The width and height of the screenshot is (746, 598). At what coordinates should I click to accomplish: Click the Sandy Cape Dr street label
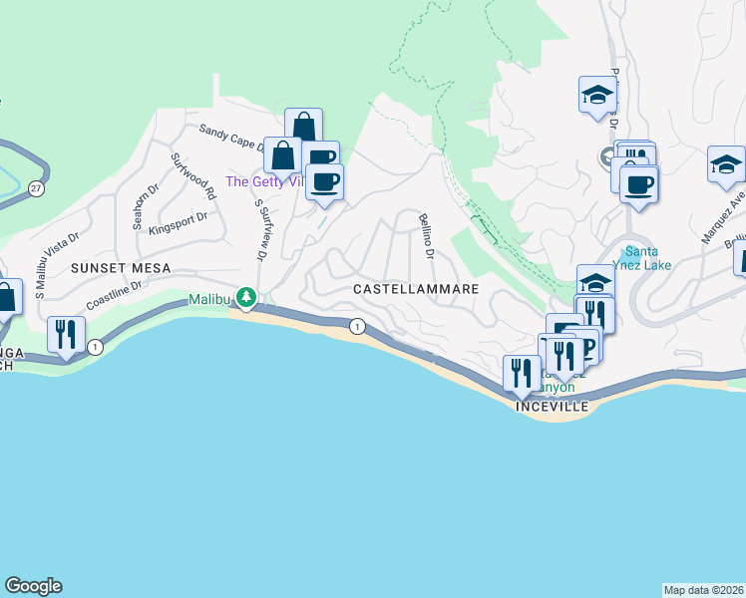(x=231, y=137)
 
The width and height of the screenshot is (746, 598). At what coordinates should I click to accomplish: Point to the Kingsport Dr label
(x=178, y=219)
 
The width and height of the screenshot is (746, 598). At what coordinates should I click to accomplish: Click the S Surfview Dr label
(x=262, y=229)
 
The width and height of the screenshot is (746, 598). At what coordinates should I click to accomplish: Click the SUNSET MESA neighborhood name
(x=121, y=269)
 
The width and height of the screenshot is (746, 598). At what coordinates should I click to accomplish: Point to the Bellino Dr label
(x=426, y=236)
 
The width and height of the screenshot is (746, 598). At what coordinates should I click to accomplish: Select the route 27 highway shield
(x=37, y=187)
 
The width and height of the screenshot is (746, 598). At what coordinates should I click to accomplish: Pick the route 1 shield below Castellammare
(x=356, y=326)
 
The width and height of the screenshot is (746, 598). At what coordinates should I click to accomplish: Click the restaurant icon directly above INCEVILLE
(x=522, y=375)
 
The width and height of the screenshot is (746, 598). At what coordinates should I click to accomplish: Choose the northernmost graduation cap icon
(x=597, y=95)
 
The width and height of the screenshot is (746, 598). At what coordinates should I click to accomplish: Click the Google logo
(x=33, y=586)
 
